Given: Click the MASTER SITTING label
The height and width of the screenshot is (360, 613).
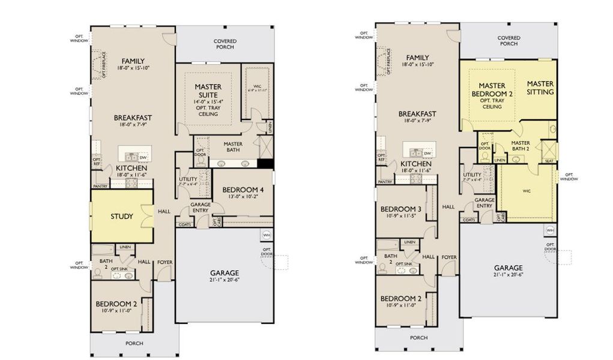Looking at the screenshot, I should [x=540, y=88].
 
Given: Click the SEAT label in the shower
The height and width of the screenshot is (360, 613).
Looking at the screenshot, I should [x=549, y=160].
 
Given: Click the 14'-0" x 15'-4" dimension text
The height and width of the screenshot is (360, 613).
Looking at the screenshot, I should [x=208, y=103].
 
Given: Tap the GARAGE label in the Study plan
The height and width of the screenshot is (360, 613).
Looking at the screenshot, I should [x=224, y=272].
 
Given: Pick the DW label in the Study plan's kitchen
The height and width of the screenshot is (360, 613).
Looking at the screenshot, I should [x=143, y=157].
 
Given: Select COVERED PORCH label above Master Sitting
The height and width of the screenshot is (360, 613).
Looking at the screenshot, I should [x=508, y=41].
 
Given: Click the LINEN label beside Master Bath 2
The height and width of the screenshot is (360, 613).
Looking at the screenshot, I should [x=499, y=160].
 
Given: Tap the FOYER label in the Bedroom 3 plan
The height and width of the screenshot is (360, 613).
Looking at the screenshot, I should [x=448, y=257].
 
